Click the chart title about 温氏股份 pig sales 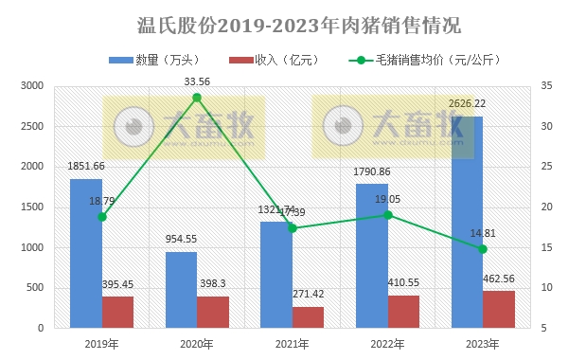coord(293,24)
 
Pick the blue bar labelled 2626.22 coord(467,222)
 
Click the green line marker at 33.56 coord(197,98)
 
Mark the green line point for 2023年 coord(483,249)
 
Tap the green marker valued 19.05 coord(387,215)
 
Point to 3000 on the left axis coord(32,86)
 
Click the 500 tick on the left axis coord(36,288)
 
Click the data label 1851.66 coord(86,167)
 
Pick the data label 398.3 coord(213,284)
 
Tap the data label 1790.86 coord(372,172)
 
